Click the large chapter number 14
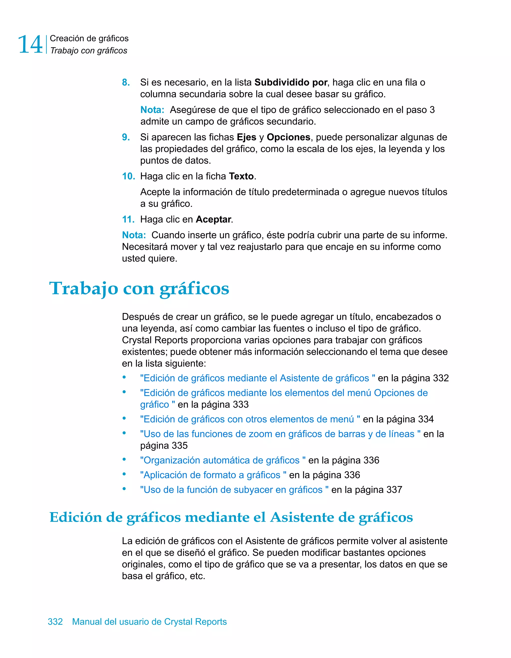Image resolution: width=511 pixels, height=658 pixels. [30, 44]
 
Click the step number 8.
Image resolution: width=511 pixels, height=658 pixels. [126, 82]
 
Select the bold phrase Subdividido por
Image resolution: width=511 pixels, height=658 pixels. [291, 82]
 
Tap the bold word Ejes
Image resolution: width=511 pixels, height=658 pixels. [246, 137]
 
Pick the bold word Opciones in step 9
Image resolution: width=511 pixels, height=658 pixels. [288, 137]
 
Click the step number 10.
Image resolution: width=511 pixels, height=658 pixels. [128, 176]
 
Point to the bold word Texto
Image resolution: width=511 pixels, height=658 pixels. [241, 176]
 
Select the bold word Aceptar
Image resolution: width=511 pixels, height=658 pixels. [213, 219]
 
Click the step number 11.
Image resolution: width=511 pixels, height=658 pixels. [128, 219]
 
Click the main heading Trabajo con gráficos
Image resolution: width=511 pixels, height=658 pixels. [139, 288]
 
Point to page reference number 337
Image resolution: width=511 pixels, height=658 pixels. [394, 490]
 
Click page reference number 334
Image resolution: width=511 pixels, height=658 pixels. [425, 419]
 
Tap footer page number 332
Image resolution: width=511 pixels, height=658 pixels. [55, 622]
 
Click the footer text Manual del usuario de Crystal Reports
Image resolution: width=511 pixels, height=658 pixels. [149, 622]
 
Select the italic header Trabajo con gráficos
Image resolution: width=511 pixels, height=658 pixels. [89, 51]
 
